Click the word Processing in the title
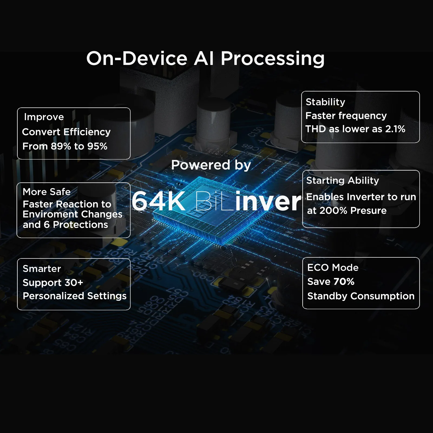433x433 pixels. point(273,58)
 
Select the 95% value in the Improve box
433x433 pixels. point(97,146)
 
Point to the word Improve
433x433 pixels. point(44,117)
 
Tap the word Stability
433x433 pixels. point(325,102)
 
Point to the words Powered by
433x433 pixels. point(211,165)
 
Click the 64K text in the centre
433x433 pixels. point(159,201)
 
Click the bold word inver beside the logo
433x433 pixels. point(268,201)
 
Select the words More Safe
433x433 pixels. point(47,192)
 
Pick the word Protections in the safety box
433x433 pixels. point(80,225)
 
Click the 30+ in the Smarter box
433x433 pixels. point(74,283)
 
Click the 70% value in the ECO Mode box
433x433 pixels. point(344,282)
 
